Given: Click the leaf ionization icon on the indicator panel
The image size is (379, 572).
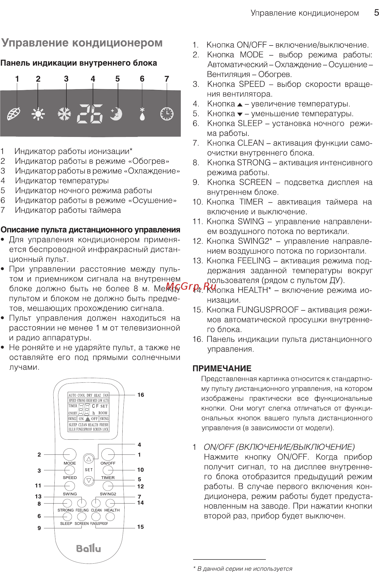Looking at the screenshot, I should [x=14, y=114].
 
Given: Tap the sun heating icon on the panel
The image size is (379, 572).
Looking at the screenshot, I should [x=38, y=114].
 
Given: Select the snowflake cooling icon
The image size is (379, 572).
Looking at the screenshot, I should [x=64, y=114].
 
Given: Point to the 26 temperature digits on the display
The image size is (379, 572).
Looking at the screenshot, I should [x=90, y=114].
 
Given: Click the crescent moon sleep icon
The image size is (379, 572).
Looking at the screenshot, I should [x=116, y=114].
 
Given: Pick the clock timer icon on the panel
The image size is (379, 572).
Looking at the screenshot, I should [x=167, y=114].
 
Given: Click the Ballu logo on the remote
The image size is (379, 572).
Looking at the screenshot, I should [x=88, y=548].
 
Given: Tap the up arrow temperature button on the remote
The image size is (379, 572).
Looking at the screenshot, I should [x=89, y=459].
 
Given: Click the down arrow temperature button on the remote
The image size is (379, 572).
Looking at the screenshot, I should [x=89, y=480].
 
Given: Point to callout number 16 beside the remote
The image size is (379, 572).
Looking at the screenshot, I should [x=140, y=395].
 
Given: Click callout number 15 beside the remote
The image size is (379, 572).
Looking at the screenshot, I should [x=140, y=527].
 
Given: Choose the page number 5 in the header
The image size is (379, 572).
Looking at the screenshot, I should [x=376, y=13].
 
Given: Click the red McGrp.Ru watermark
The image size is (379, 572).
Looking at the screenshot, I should [x=191, y=286].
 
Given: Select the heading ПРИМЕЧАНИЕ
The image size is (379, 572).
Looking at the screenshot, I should [x=222, y=368].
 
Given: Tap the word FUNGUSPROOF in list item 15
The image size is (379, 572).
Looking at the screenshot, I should [x=268, y=310].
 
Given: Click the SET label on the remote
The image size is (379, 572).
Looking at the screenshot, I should [x=89, y=470].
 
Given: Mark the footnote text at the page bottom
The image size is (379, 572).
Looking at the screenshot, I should [x=244, y=568].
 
